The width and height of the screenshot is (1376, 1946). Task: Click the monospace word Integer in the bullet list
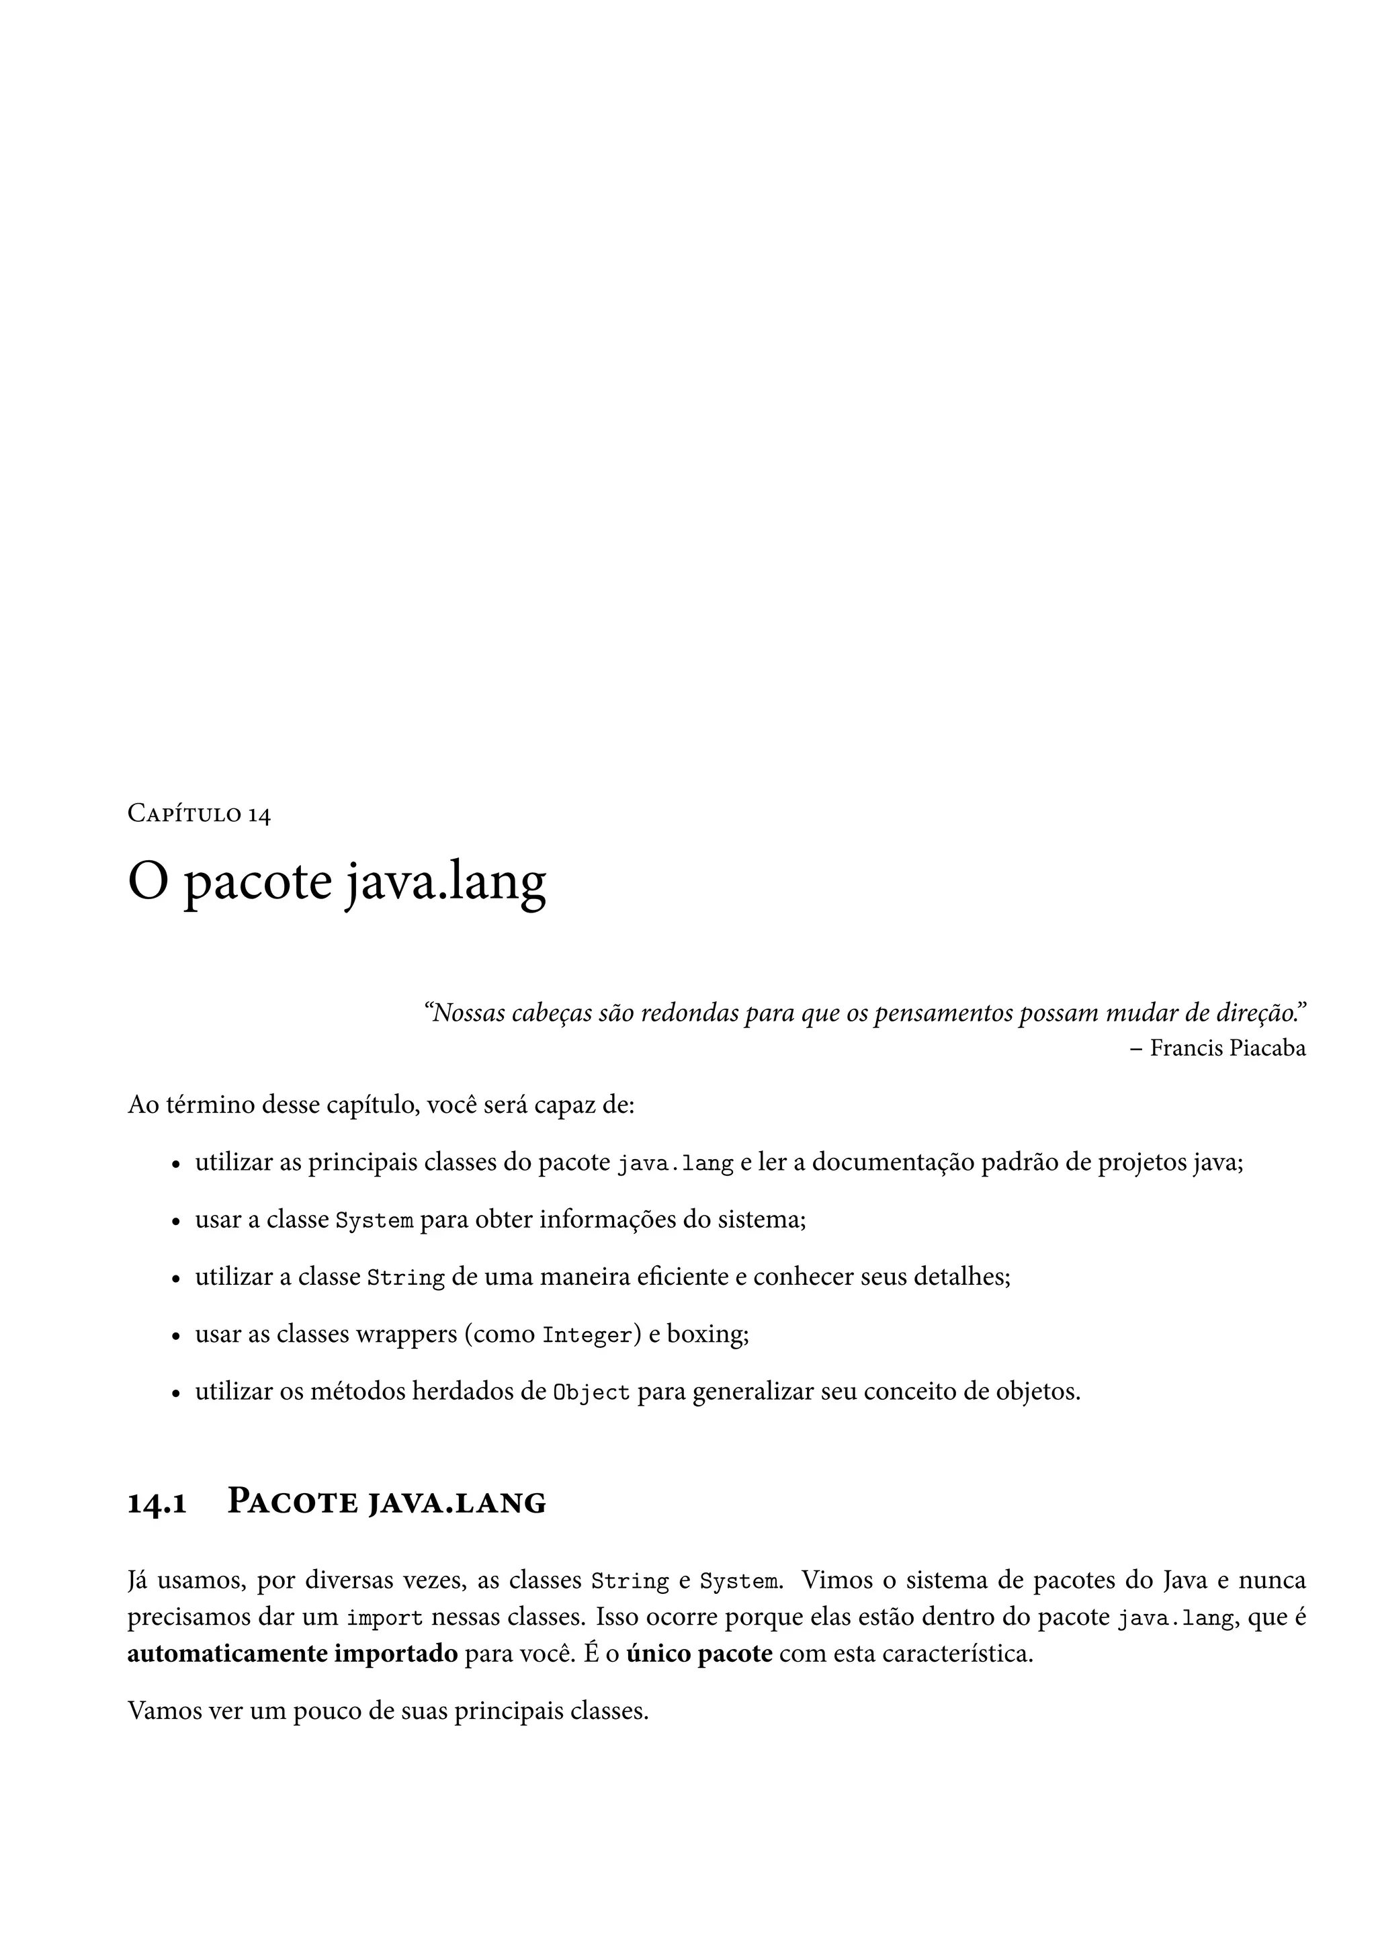coord(587,1336)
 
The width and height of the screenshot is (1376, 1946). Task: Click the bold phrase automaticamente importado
coord(292,1654)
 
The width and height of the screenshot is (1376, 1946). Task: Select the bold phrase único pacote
coord(699,1654)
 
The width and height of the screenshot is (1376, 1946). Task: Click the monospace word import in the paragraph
coord(385,1618)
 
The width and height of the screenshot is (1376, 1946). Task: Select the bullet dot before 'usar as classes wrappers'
coord(175,1337)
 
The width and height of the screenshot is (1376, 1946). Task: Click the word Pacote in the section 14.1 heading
coord(293,1504)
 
